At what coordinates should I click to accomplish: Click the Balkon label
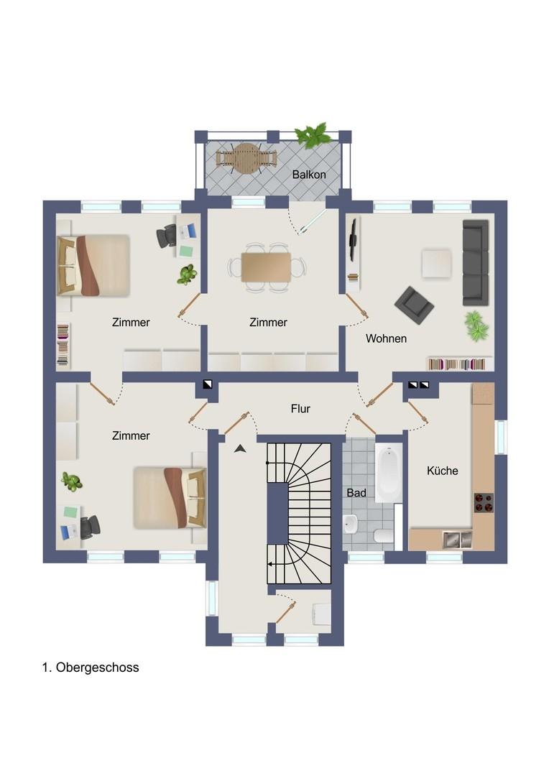point(309,175)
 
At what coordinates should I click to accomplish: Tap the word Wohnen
point(386,338)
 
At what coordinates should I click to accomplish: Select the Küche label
point(442,471)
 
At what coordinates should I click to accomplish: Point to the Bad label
point(356,493)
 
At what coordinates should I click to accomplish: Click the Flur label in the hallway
point(300,409)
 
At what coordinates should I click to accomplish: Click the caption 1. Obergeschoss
point(91,667)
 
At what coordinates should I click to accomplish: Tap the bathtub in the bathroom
point(389,474)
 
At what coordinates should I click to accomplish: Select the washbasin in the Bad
point(351,524)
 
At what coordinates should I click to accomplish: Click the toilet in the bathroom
point(383,535)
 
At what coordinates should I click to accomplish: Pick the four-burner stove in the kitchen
point(484,502)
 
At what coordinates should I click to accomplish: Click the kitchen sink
point(457,540)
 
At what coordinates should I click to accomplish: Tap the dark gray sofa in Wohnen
point(476,263)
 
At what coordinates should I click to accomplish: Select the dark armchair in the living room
point(415,305)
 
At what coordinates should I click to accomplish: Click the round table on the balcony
point(246,158)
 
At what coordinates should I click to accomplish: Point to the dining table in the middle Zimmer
point(267,267)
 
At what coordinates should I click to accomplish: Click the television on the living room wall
point(354,240)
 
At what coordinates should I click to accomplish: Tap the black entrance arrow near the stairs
point(241,448)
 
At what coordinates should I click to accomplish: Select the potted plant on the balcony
point(313,134)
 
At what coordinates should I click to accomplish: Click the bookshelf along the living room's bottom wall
point(457,364)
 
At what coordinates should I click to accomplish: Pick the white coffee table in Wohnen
point(437,263)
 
